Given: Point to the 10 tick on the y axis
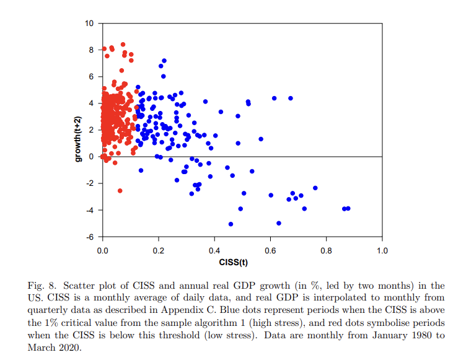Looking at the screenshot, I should pyautogui.click(x=89, y=24).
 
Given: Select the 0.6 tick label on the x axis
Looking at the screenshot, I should pyautogui.click(x=270, y=251).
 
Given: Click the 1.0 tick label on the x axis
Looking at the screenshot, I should pyautogui.click(x=382, y=251).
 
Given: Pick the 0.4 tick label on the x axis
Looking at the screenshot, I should pyautogui.click(x=214, y=251).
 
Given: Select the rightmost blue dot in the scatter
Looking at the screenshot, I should pyautogui.click(x=348, y=208).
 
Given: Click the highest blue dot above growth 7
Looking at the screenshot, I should pyautogui.click(x=164, y=61).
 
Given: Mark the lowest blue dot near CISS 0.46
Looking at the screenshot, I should pyautogui.click(x=231, y=224).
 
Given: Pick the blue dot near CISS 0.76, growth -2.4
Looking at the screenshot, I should pyautogui.click(x=315, y=188).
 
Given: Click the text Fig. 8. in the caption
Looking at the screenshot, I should pyautogui.click(x=42, y=286).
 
